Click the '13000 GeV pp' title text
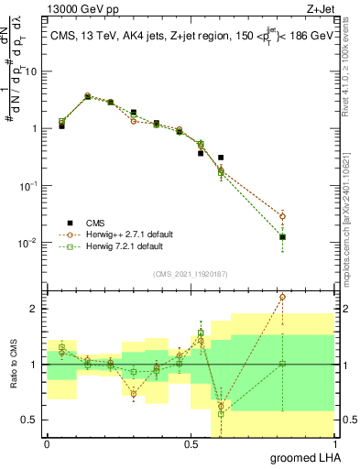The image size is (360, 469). pyautogui.click(x=74, y=8)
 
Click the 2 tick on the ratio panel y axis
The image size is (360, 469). pyautogui.click(x=35, y=309)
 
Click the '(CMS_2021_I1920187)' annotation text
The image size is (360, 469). pyautogui.click(x=190, y=274)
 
